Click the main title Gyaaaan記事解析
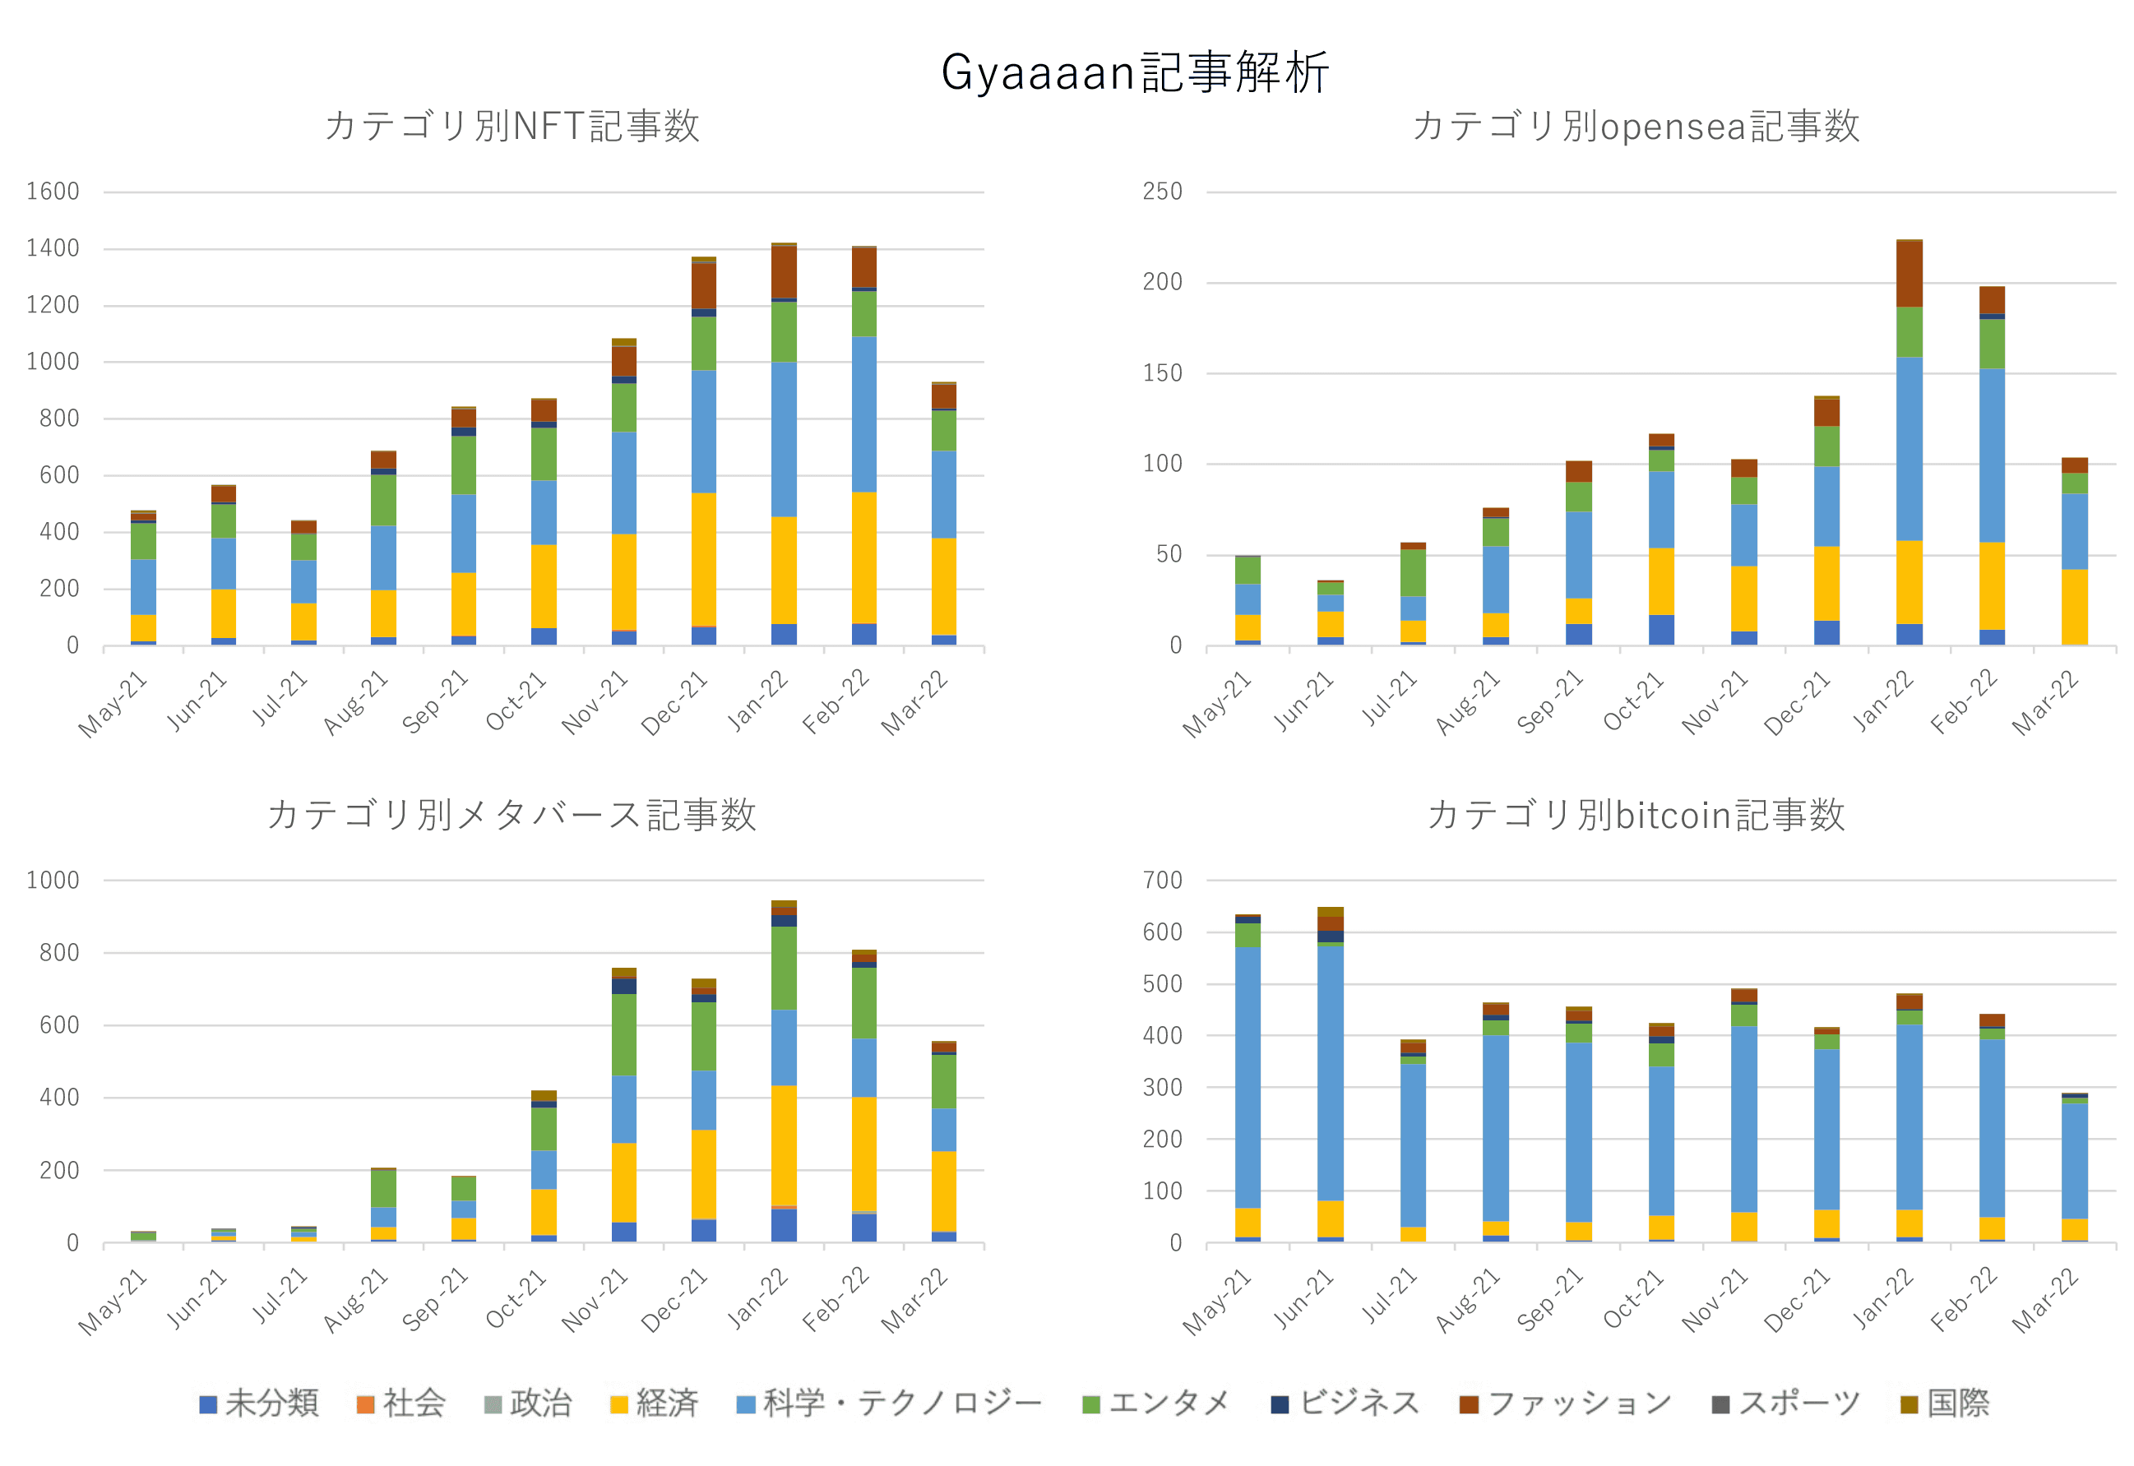point(1135,72)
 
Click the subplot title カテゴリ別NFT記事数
point(512,126)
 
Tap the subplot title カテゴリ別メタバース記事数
point(512,815)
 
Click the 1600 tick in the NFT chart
point(53,192)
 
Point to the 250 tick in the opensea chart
point(1162,192)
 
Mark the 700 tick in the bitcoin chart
point(1162,880)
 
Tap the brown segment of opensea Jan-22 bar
point(1909,274)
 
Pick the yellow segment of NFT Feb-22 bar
point(863,557)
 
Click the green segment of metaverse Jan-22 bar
point(784,967)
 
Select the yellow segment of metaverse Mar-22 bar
point(943,1191)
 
